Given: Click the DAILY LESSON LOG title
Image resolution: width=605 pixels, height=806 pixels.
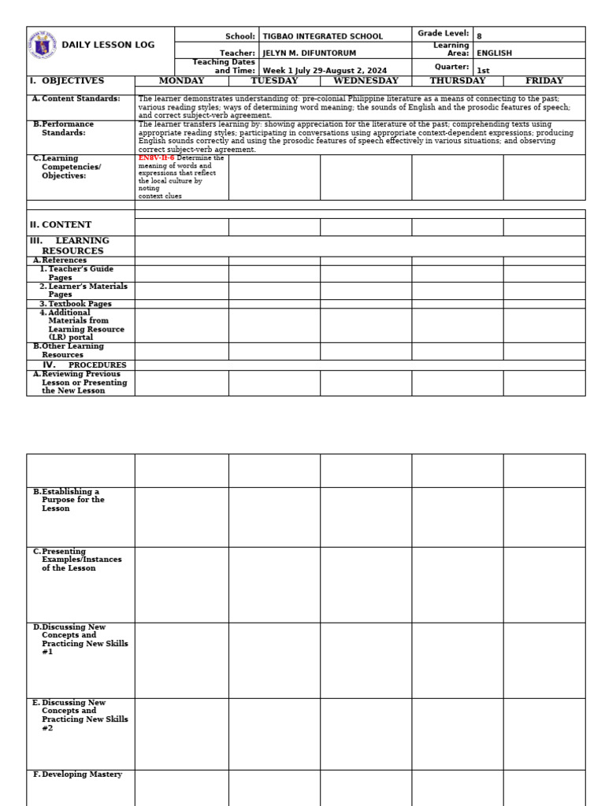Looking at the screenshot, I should [x=108, y=45].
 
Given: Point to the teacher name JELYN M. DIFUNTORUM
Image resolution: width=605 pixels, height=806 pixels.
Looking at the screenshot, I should [x=309, y=53].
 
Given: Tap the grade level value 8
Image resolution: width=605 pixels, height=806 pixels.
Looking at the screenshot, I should [x=479, y=36].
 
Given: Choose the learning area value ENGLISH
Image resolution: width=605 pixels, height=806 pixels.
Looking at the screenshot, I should [x=494, y=53].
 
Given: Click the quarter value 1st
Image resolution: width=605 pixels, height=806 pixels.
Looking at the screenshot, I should [x=483, y=70].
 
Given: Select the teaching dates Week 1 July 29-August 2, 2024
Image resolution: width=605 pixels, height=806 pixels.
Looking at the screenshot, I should [x=325, y=70].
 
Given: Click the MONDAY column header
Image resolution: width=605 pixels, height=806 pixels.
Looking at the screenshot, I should [x=181, y=81].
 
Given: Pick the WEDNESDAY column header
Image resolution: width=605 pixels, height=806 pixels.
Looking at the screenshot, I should [x=366, y=81].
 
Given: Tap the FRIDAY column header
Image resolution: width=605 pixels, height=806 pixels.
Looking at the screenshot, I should [x=544, y=81].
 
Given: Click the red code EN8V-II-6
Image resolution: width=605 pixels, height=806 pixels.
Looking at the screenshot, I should [x=157, y=158].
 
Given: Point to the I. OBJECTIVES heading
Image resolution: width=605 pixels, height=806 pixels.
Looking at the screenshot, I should [x=67, y=81].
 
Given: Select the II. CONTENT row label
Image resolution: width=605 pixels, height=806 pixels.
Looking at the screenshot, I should [x=61, y=225].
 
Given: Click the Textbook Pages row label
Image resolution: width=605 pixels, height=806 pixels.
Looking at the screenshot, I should [x=80, y=304].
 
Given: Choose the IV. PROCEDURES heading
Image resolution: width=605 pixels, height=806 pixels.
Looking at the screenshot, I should [x=84, y=365].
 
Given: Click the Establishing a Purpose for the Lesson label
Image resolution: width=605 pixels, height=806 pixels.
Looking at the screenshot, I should [x=72, y=500].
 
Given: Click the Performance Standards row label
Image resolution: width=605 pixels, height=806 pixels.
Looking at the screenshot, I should [x=67, y=128].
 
